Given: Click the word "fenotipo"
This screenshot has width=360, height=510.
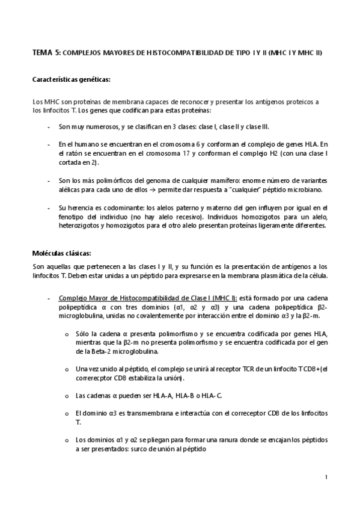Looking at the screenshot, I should coord(73,217).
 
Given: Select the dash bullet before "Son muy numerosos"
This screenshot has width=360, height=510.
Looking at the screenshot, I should coord(49,127).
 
